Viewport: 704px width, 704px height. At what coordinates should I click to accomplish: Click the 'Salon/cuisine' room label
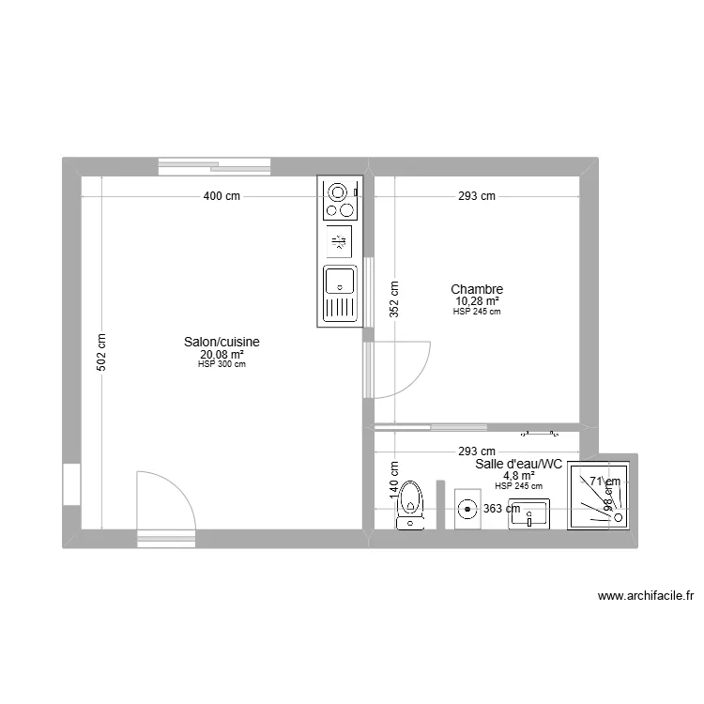(x=222, y=343)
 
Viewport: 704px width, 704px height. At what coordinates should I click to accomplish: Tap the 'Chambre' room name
(x=477, y=289)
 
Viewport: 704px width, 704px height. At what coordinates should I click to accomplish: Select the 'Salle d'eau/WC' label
(x=518, y=464)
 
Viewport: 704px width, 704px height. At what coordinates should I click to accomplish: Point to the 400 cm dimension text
(x=222, y=196)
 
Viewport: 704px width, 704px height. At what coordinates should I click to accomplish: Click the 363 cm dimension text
(x=501, y=509)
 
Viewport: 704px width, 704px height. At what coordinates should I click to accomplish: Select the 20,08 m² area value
(x=222, y=355)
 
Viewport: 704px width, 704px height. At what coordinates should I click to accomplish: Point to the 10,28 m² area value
(x=477, y=301)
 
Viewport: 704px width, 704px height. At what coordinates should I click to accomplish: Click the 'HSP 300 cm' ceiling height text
(x=222, y=365)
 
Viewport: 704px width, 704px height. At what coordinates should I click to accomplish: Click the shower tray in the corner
(x=601, y=495)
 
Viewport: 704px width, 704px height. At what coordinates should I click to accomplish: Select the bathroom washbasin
(x=531, y=513)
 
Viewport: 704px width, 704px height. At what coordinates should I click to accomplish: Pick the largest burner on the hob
(x=336, y=193)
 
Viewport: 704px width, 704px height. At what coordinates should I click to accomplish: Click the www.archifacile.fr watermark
(x=644, y=595)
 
